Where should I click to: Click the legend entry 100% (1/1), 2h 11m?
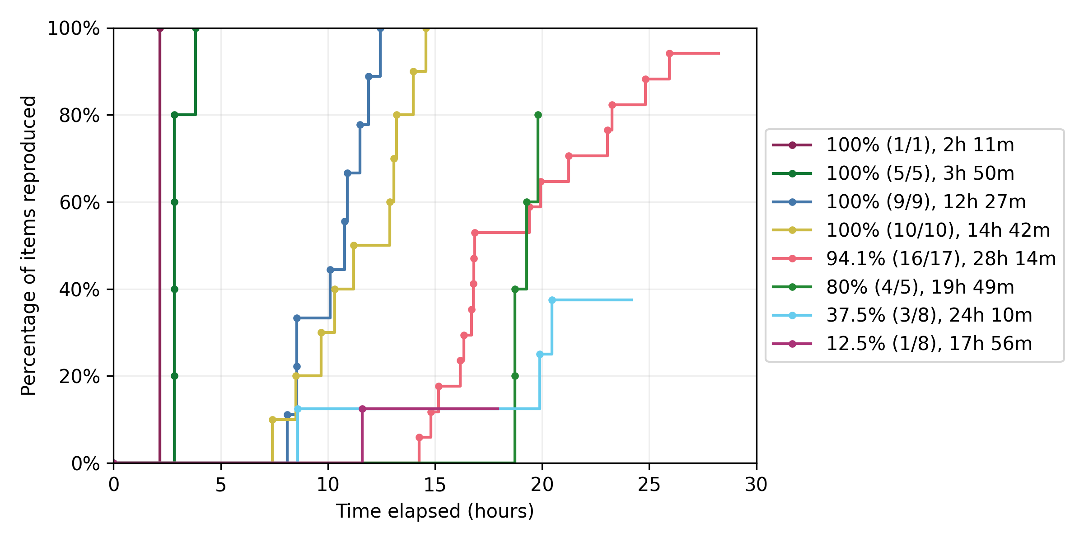pyautogui.click(x=920, y=145)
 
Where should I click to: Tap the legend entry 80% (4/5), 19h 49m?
pyautogui.click(x=920, y=287)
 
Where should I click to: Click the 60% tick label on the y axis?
pyautogui.click(x=79, y=202)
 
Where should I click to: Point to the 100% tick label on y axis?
pyautogui.click(x=74, y=28)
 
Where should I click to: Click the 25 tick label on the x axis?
pyautogui.click(x=649, y=485)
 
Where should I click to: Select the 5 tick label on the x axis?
pyautogui.click(x=220, y=485)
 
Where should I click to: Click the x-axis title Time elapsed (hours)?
pyautogui.click(x=435, y=511)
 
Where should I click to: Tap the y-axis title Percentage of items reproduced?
pyautogui.click(x=28, y=245)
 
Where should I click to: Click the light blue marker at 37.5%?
pyautogui.click(x=552, y=300)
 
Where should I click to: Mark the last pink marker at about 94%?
pyautogui.click(x=669, y=53)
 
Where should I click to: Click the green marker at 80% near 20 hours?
pyautogui.click(x=538, y=115)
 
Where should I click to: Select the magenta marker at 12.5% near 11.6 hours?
pyautogui.click(x=362, y=409)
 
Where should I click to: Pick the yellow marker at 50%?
pyautogui.click(x=354, y=245)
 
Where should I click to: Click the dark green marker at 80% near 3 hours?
pyautogui.click(x=174, y=115)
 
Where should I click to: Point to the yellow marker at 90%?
pyautogui.click(x=413, y=71)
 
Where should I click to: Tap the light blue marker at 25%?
pyautogui.click(x=540, y=354)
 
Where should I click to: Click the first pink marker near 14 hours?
pyautogui.click(x=419, y=437)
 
